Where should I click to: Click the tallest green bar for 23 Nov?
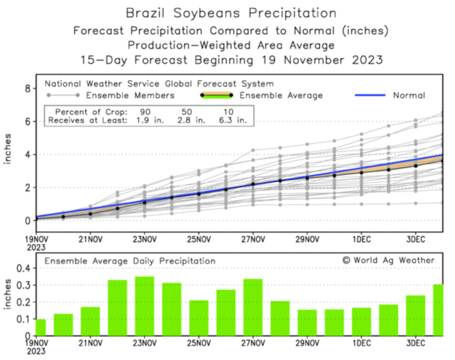[144, 306]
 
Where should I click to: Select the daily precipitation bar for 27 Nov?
[253, 307]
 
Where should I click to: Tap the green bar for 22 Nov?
[117, 308]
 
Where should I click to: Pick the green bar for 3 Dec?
[416, 315]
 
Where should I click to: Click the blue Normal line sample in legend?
[370, 95]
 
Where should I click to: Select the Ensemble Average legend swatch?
[216, 95]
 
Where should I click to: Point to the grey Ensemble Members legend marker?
[63, 95]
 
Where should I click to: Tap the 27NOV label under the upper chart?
[253, 239]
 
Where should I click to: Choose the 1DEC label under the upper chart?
[361, 239]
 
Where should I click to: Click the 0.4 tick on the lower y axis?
[23, 268]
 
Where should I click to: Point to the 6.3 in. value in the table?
[232, 120]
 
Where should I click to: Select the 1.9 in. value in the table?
[149, 120]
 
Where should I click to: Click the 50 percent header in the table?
[187, 112]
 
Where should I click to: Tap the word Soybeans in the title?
[207, 13]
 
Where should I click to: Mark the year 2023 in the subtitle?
[367, 60]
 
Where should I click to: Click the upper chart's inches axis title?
[7, 149]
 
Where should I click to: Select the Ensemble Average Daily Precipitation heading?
[130, 261]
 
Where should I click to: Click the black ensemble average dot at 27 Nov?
[253, 184]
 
